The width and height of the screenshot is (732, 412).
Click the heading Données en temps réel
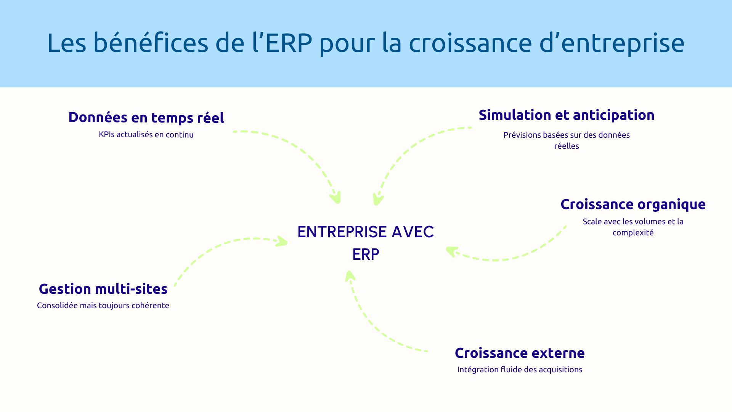(146, 117)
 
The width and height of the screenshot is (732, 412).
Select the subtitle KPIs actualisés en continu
(146, 135)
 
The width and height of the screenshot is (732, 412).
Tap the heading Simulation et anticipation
(566, 115)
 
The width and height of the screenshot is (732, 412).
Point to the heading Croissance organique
(633, 204)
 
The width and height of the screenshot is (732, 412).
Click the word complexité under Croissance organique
(633, 233)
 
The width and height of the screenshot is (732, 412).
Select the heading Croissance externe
(519, 353)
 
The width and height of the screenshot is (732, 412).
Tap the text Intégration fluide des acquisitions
(519, 370)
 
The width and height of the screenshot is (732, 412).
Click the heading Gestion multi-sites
(103, 289)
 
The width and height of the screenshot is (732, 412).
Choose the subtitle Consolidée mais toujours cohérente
(103, 306)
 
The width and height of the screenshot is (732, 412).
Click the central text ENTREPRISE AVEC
(365, 232)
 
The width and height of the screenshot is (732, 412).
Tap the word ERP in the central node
(365, 254)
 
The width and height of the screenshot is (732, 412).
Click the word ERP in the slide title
(289, 43)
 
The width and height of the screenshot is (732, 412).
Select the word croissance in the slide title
(470, 43)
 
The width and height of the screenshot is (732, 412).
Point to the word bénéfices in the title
(151, 43)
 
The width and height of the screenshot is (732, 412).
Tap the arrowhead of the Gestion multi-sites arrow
(283, 241)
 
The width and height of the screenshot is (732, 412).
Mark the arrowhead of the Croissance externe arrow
(350, 275)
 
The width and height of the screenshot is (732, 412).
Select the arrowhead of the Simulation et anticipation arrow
(377, 200)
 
